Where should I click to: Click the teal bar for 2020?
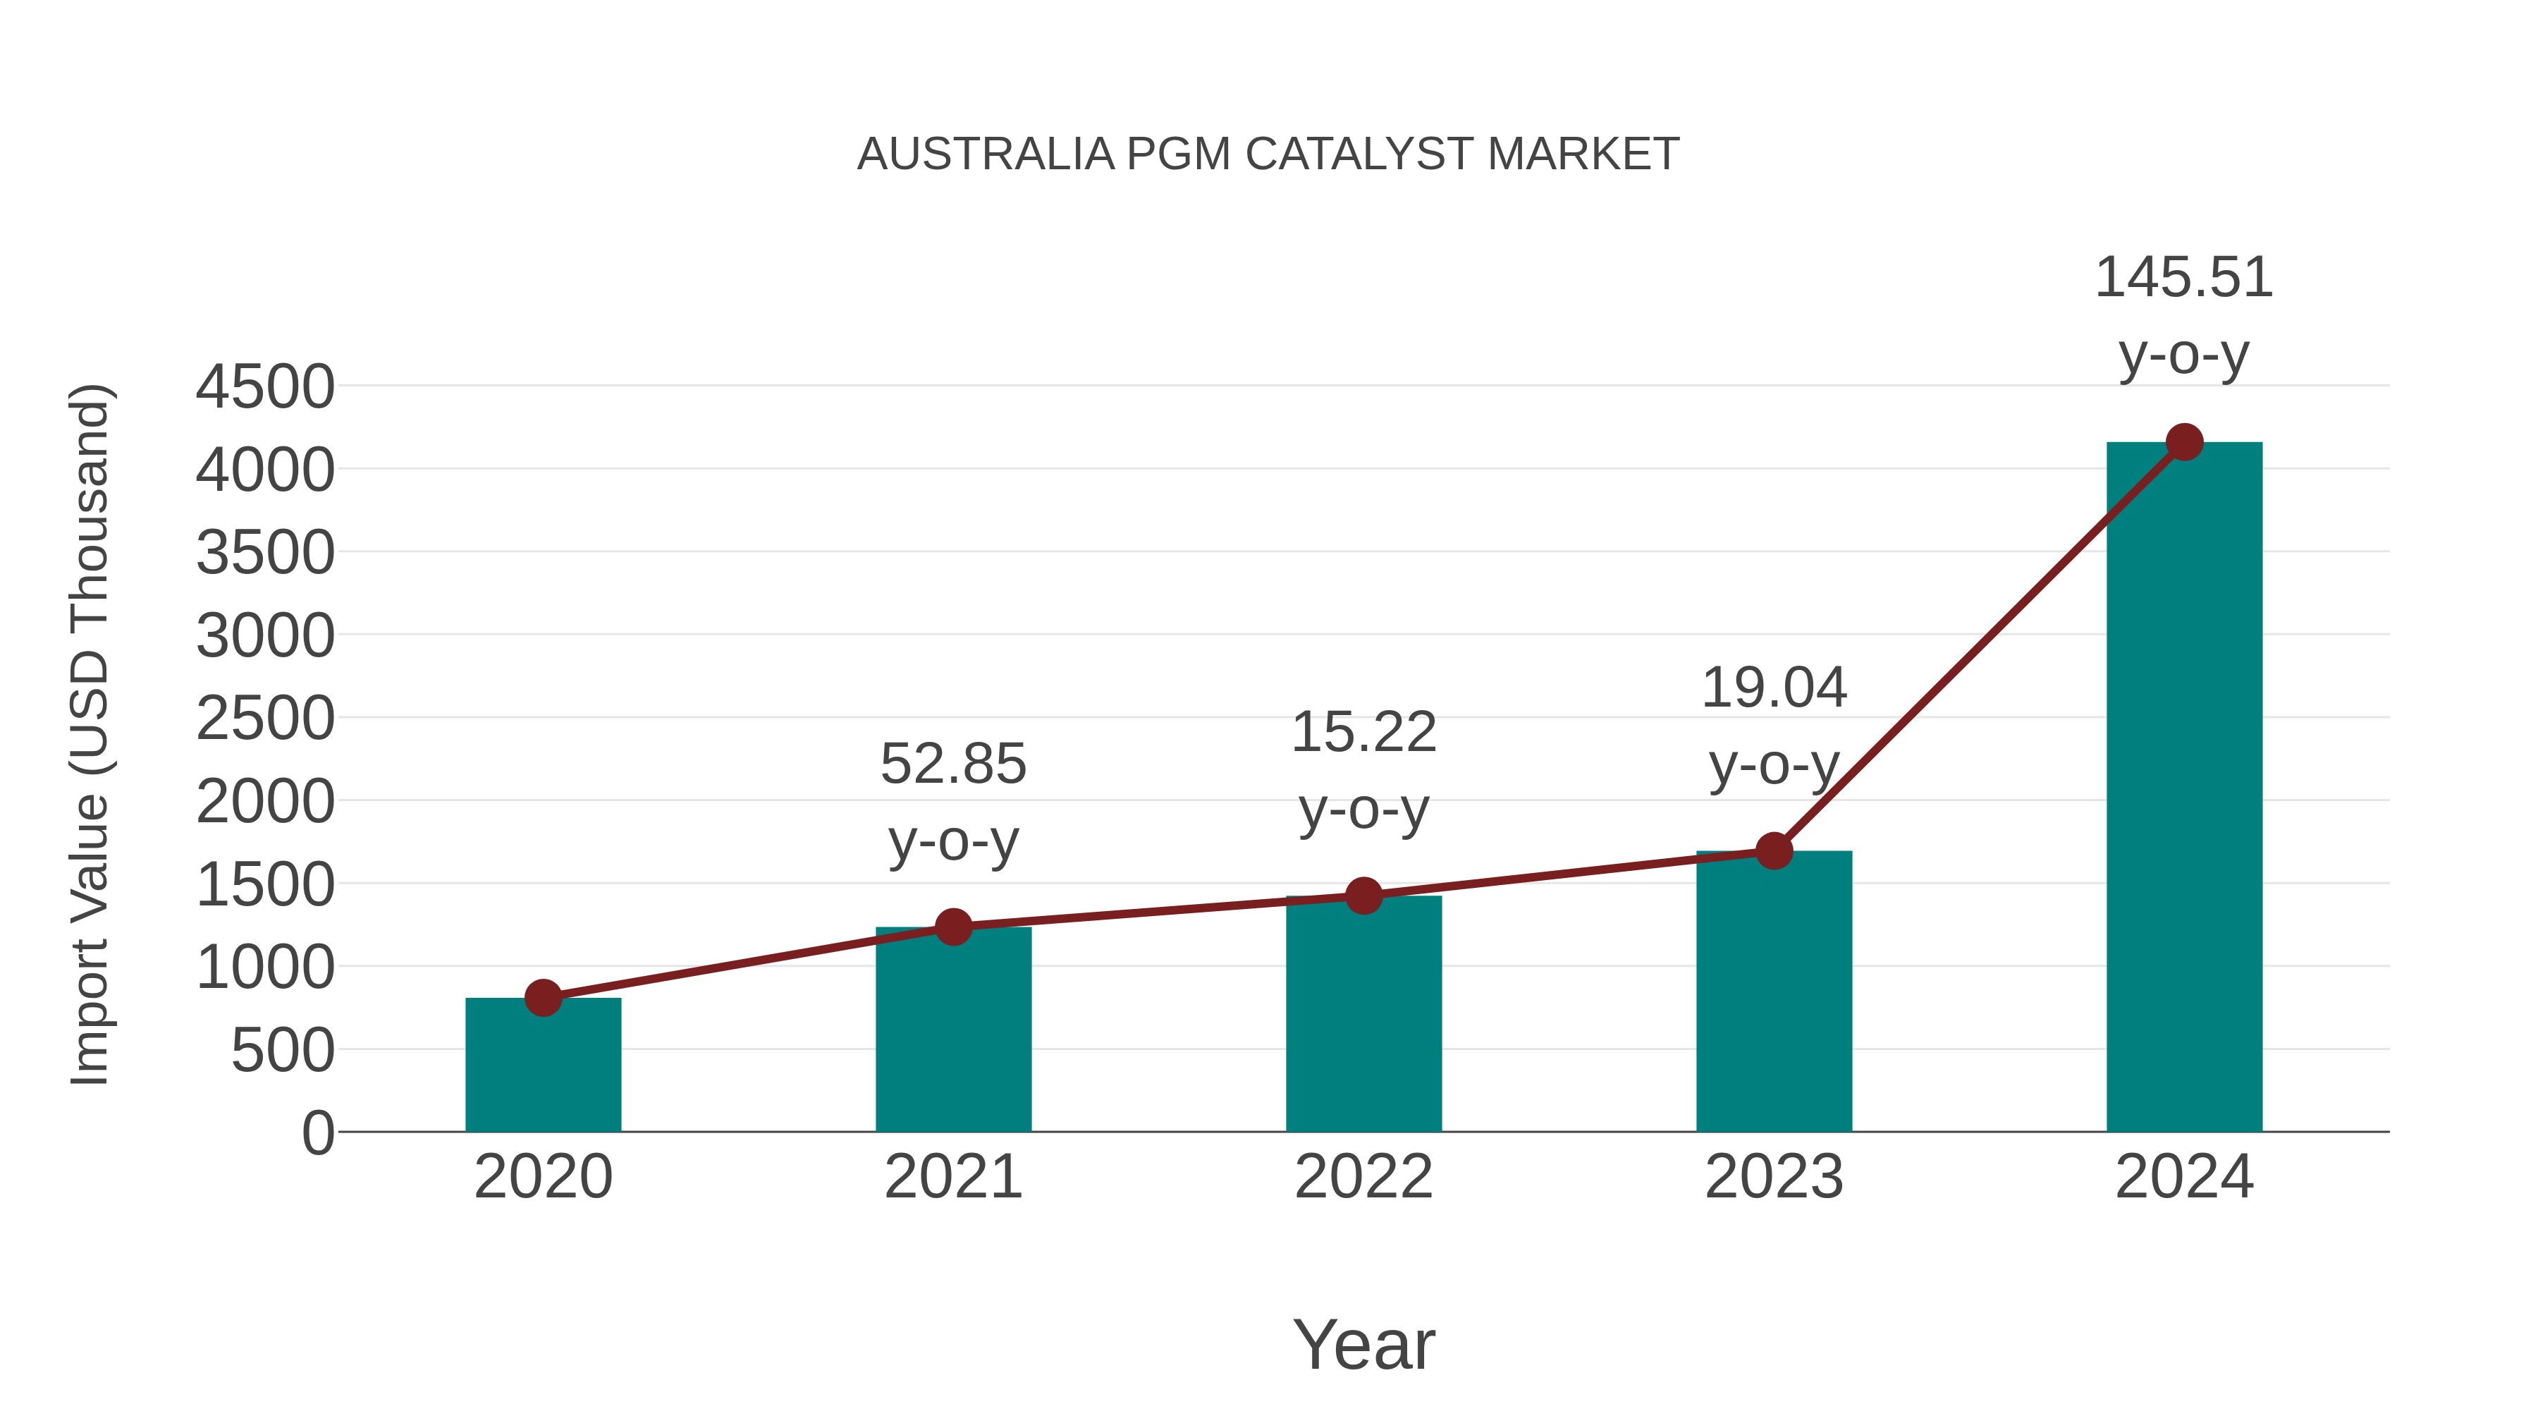pos(543,1069)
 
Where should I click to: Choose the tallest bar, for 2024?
pos(2184,788)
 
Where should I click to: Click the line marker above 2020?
pos(543,997)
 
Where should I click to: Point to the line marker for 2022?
pos(1363,896)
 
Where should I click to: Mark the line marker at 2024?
pos(2184,442)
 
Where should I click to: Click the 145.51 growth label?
pos(2183,278)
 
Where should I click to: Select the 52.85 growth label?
pos(952,764)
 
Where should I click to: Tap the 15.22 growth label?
pos(1363,733)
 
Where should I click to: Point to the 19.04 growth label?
pos(1774,688)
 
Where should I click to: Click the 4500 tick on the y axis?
pos(265,387)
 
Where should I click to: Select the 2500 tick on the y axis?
pos(265,719)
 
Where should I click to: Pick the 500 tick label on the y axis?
pos(282,1051)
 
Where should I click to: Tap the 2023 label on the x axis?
pos(1774,1177)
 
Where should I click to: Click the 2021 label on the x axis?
pos(952,1177)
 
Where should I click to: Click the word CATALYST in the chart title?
pos(1363,154)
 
